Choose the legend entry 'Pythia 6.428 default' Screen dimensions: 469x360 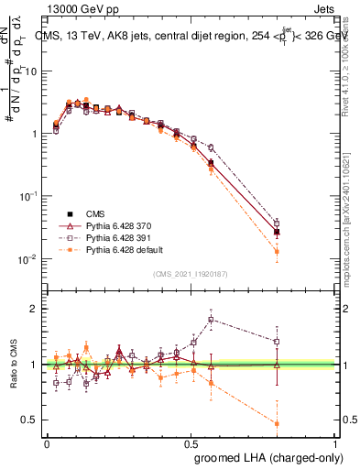pyautogui.click(x=117, y=248)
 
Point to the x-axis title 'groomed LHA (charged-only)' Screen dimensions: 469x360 pyautogui.click(x=267, y=455)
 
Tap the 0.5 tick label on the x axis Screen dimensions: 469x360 pyautogui.click(x=191, y=442)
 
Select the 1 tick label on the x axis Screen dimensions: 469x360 pyautogui.click(x=336, y=442)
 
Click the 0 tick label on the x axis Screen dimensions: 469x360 pyautogui.click(x=47, y=442)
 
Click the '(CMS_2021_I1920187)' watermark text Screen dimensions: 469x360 pyautogui.click(x=191, y=274)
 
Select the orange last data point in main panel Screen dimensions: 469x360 pyautogui.click(x=277, y=251)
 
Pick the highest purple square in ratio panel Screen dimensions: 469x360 pyautogui.click(x=212, y=320)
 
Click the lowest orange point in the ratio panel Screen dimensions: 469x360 pyautogui.click(x=277, y=423)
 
